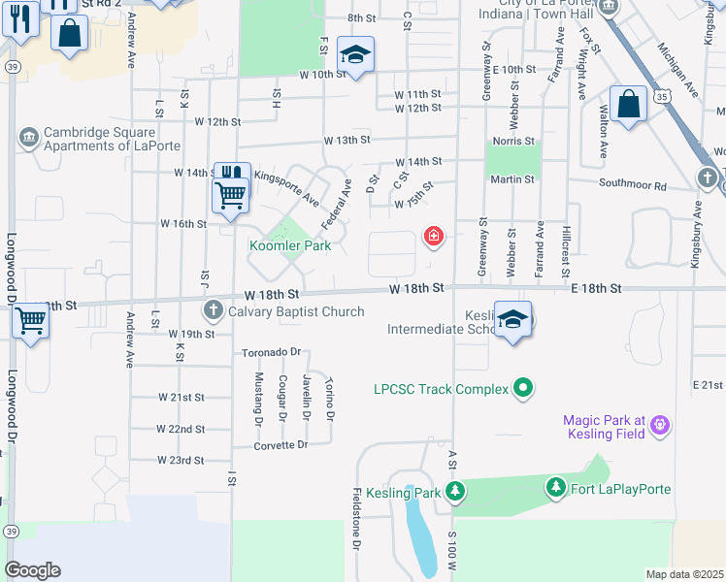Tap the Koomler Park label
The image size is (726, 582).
(290, 245)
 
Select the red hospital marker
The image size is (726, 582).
(433, 237)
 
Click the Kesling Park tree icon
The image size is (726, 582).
(455, 493)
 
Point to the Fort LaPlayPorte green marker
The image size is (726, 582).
(555, 488)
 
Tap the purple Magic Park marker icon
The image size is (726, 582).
(660, 423)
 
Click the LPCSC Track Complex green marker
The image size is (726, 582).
(524, 389)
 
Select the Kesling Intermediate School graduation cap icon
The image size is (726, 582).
(511, 319)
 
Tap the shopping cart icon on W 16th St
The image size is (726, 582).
(231, 194)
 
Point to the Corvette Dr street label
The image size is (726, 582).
(280, 444)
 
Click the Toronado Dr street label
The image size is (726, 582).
(272, 352)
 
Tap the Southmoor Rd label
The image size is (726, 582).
(633, 184)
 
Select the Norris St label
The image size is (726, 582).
(512, 142)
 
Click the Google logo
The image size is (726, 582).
(32, 570)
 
